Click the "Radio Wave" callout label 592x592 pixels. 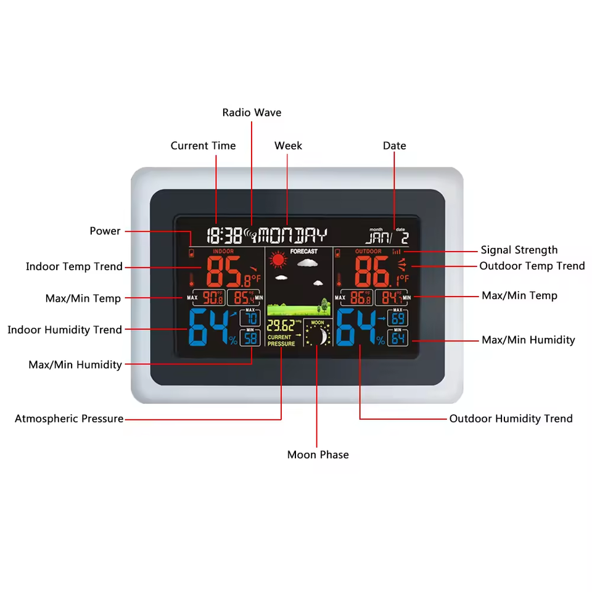252,112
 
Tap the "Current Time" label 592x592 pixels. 203,146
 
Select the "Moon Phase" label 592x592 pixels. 318,454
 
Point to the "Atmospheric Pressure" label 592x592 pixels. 69,419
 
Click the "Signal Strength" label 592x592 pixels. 519,250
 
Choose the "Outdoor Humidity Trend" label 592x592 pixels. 511,419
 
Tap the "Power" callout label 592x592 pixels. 105,231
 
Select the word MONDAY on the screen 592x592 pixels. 293,235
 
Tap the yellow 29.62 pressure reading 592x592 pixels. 281,326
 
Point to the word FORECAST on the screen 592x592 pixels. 303,252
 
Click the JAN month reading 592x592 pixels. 376,237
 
